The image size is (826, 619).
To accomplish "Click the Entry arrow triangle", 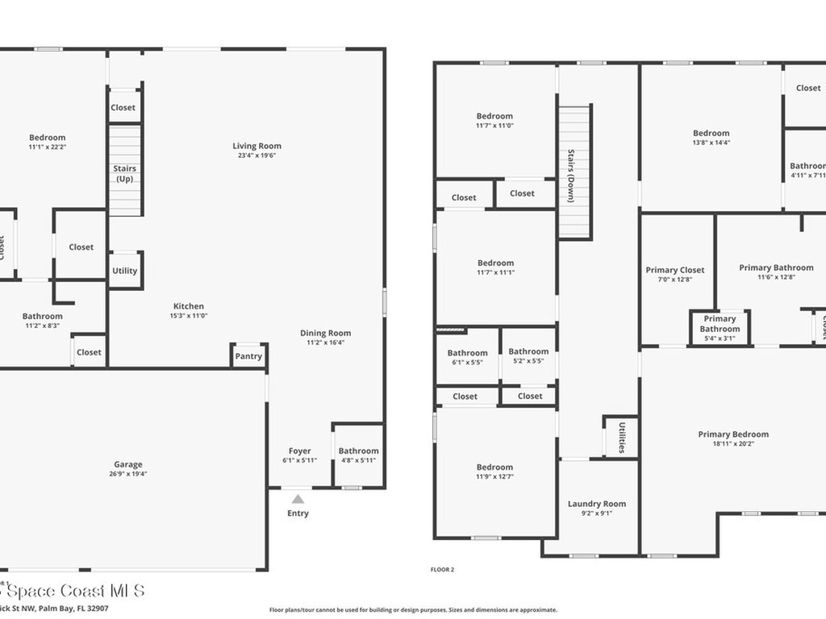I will (x=298, y=499).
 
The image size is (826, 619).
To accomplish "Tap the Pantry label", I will (x=248, y=356).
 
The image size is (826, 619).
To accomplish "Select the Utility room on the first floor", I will (x=125, y=271).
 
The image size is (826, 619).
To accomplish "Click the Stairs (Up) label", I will (x=125, y=173).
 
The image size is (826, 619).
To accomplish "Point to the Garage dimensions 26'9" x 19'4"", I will (x=128, y=474).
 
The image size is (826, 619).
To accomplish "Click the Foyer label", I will (x=299, y=451).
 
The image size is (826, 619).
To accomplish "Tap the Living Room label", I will (x=257, y=146).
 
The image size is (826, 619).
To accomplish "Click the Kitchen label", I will (x=189, y=306).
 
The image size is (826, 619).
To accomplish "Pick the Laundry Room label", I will (x=596, y=504).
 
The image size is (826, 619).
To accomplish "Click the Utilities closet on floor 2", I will (x=621, y=437).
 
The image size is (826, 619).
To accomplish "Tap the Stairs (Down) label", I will (x=570, y=175).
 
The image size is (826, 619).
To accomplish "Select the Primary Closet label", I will (x=675, y=270).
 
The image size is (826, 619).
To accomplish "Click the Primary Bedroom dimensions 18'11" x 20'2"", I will (x=733, y=442).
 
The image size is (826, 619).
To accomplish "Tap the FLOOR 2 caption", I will (x=442, y=570).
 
